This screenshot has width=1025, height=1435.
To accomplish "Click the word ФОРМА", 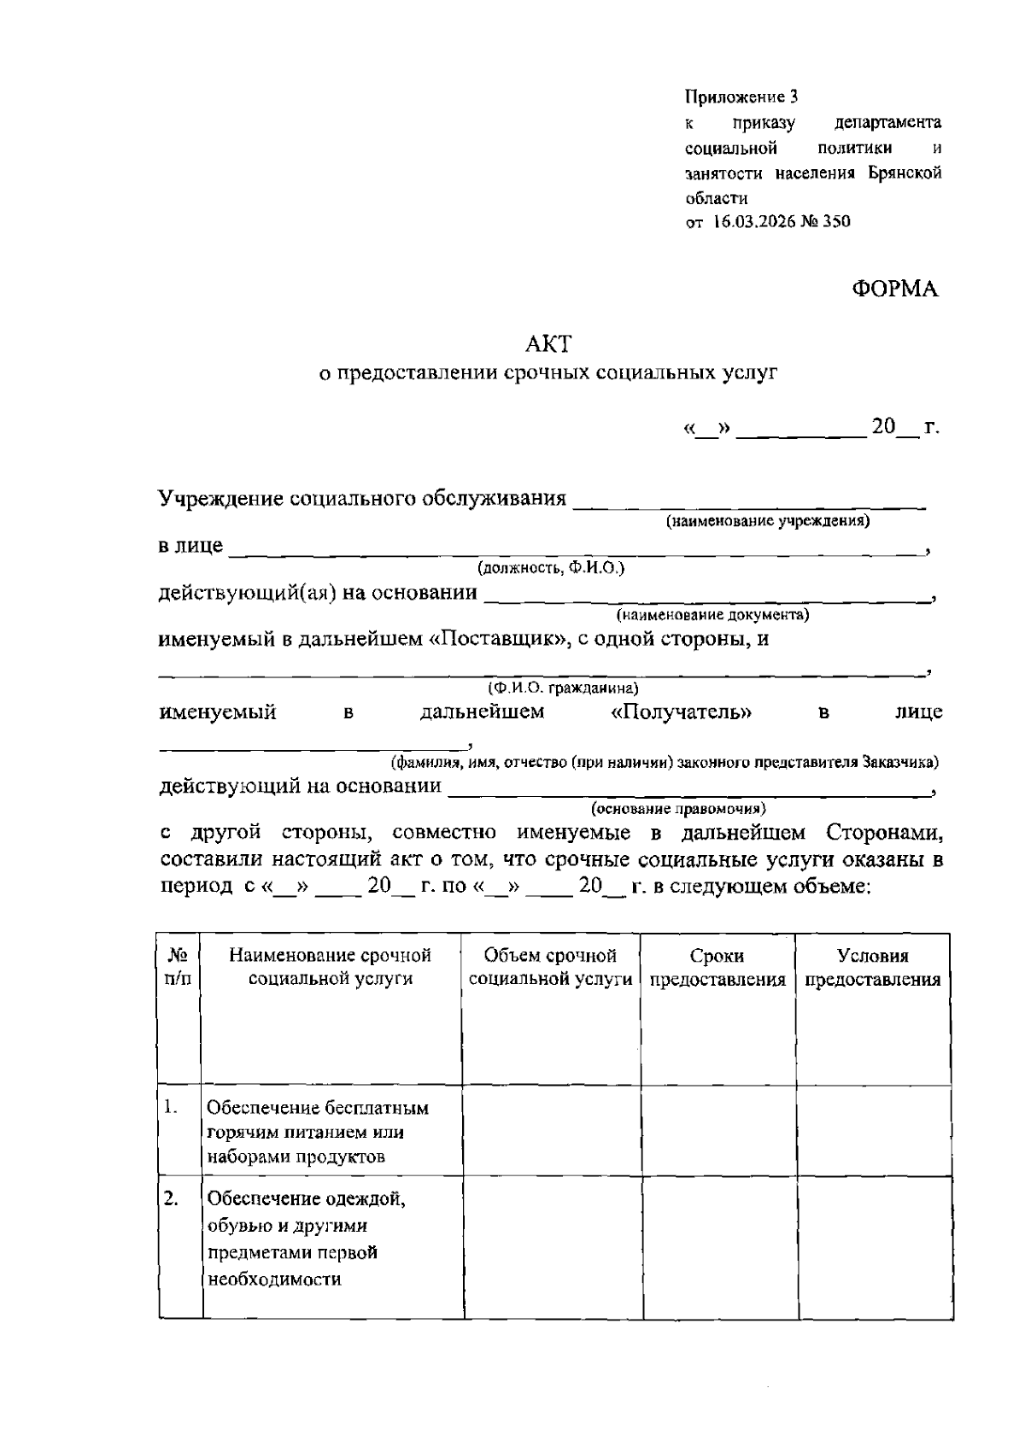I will [x=894, y=289].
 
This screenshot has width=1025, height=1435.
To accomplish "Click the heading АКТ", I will [x=548, y=343].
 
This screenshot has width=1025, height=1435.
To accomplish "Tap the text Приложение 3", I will [x=741, y=97].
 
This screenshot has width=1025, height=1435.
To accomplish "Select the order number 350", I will [x=837, y=221].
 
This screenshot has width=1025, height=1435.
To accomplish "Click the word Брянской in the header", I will [x=905, y=173].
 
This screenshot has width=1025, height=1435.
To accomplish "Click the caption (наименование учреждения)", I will [x=768, y=520].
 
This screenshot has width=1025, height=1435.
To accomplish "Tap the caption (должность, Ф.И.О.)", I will [x=551, y=567].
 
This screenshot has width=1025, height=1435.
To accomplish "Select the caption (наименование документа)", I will [x=712, y=614].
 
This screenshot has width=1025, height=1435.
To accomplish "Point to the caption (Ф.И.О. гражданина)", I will [x=563, y=688].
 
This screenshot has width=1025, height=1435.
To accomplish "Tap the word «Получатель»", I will [x=682, y=712].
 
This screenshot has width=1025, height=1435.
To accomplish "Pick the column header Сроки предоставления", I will [x=717, y=967].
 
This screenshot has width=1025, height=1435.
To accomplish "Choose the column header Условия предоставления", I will [x=873, y=967].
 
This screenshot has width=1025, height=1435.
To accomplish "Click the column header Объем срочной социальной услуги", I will [x=550, y=967].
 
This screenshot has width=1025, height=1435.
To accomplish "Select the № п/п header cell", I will [x=179, y=967].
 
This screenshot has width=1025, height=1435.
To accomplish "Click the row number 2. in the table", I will [x=171, y=1199].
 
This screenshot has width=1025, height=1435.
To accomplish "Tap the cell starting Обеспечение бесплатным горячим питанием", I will [x=318, y=1132].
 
